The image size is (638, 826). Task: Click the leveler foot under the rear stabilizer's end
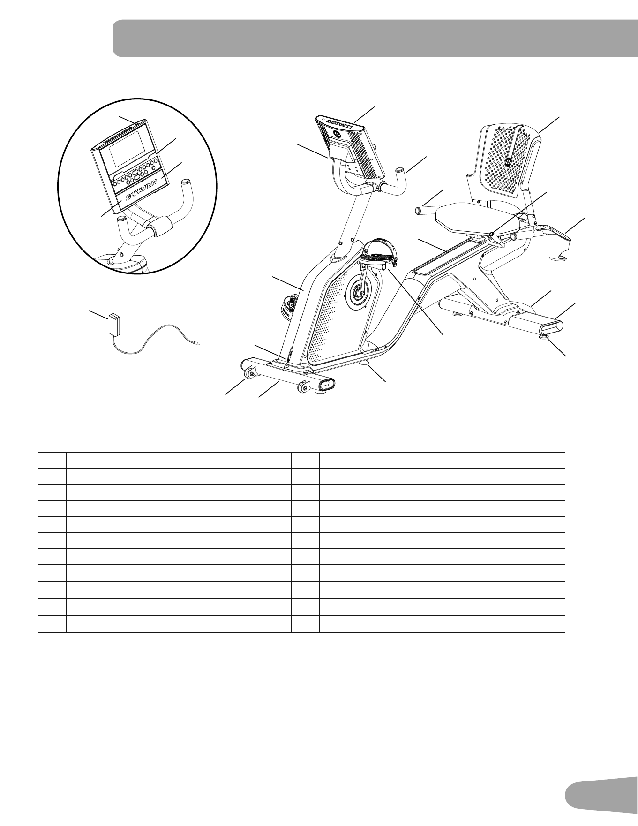click(546, 336)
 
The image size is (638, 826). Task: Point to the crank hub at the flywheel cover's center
click(359, 293)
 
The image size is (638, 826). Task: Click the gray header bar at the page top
click(375, 38)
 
